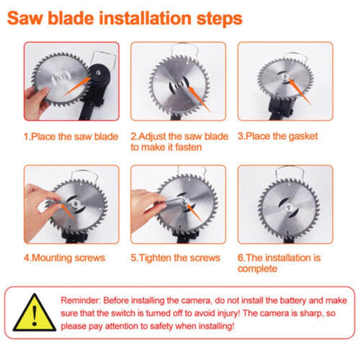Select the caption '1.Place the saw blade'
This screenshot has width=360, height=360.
tap(71, 137)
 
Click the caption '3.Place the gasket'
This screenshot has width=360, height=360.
tap(278, 136)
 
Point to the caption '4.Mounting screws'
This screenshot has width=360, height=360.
tap(64, 258)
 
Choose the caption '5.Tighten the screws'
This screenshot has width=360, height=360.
tap(175, 258)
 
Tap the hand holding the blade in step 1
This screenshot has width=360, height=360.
tap(36, 99)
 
